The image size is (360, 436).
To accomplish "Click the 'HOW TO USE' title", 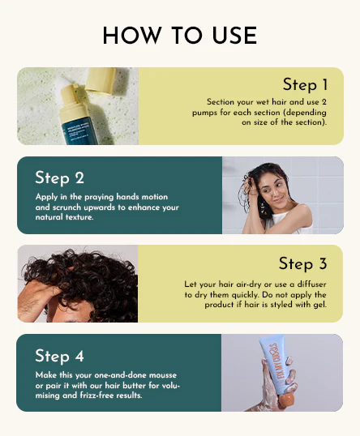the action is [180, 36].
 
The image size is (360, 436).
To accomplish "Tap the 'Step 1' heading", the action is [305, 84].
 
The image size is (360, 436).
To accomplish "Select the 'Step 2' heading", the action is [59, 178].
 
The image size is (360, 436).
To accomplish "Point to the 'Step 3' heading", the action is [302, 263].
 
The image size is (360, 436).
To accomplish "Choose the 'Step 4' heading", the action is [59, 357].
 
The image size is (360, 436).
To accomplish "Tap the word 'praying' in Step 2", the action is [99, 197].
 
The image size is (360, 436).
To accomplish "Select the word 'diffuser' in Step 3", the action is [311, 284].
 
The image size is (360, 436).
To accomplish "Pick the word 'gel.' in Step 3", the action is [320, 305].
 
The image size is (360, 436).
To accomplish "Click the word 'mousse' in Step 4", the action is [163, 375].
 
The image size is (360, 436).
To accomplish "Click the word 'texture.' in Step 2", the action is [79, 217].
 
